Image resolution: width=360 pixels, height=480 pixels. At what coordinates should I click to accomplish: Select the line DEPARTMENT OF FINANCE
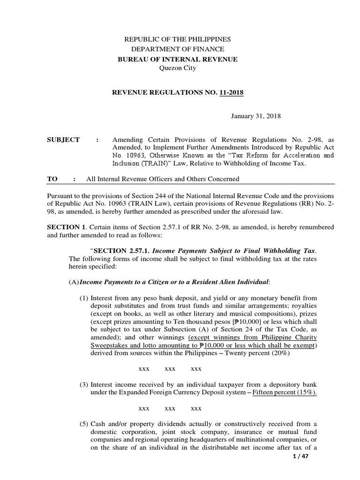click(177, 49)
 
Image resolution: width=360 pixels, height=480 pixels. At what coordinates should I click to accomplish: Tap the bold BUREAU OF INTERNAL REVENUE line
click(177, 59)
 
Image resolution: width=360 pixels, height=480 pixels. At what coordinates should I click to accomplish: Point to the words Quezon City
click(177, 68)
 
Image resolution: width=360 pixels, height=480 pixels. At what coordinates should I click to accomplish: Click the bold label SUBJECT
click(63, 140)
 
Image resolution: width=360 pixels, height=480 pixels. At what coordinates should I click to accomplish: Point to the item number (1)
click(83, 298)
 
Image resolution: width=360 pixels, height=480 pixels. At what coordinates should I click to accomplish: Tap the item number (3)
click(83, 385)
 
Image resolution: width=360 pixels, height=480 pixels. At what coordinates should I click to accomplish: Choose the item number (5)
click(83, 424)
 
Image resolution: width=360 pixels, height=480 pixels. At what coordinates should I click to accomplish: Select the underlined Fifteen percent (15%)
click(285, 392)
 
